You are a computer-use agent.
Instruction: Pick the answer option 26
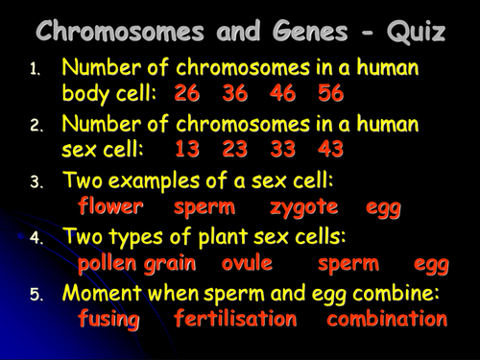188,94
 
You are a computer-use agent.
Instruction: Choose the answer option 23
235,150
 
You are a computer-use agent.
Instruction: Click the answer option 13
188,150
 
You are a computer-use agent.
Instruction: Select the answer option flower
110,205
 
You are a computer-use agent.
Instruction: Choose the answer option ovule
247,262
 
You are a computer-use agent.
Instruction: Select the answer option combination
387,318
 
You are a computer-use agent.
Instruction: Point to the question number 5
35,294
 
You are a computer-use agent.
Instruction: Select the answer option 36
235,94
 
